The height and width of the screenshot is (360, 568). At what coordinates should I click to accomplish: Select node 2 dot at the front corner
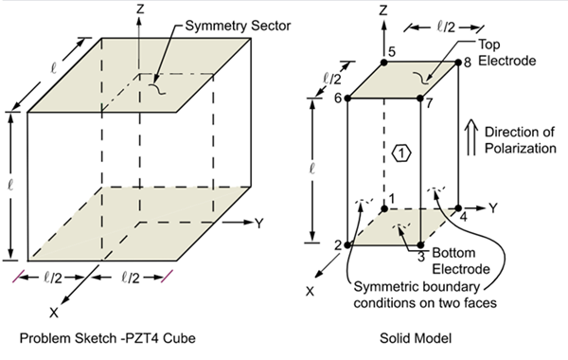tap(347, 244)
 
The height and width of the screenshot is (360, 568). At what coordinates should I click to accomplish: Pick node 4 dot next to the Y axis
tap(459, 208)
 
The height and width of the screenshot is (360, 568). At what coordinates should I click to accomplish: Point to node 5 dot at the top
tap(384, 63)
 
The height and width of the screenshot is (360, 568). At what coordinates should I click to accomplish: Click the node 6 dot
tap(347, 98)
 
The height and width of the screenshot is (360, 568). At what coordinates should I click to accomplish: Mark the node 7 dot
tap(421, 98)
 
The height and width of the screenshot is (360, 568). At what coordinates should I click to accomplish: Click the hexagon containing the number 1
tap(401, 153)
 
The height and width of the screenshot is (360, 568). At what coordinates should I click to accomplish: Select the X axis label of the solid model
tap(310, 292)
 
